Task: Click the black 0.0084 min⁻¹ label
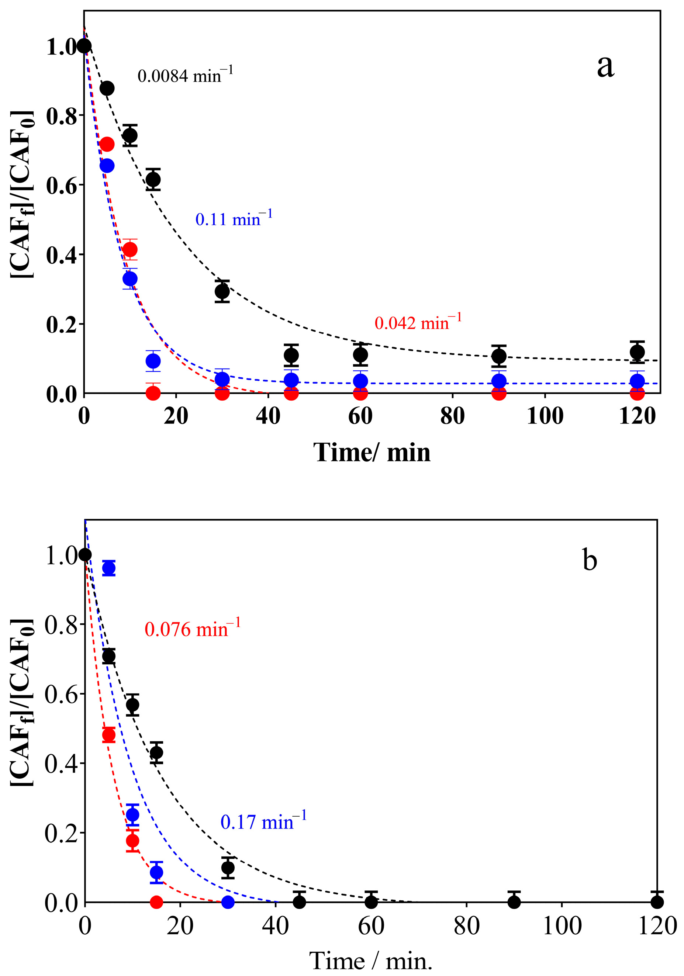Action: pyautogui.click(x=185, y=76)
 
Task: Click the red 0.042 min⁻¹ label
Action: pyautogui.click(x=418, y=323)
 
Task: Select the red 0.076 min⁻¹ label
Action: pyautogui.click(x=192, y=629)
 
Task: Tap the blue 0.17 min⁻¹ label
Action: pyautogui.click(x=263, y=822)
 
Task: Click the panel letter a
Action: pyautogui.click(x=605, y=66)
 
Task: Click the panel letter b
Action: pyautogui.click(x=589, y=560)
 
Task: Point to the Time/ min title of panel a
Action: pyautogui.click(x=372, y=452)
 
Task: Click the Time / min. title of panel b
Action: pyautogui.click(x=370, y=961)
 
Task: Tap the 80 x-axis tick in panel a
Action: pyautogui.click(x=452, y=416)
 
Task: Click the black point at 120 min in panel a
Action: pyautogui.click(x=637, y=352)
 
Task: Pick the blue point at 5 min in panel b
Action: pyautogui.click(x=109, y=568)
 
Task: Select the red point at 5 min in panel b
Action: pyautogui.click(x=109, y=734)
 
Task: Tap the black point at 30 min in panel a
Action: pyautogui.click(x=222, y=291)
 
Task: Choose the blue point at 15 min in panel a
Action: pyautogui.click(x=153, y=361)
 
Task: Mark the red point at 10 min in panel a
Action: pyautogui.click(x=130, y=249)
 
